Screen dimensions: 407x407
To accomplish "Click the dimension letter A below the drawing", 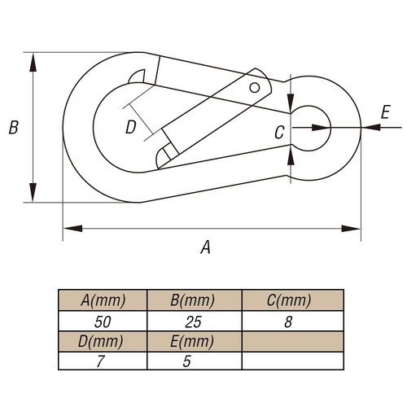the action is [x=206, y=247].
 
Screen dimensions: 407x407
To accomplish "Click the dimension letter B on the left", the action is [x=14, y=127].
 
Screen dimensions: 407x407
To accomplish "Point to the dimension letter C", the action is [x=279, y=133].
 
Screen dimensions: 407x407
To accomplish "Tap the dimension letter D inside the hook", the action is [x=131, y=127].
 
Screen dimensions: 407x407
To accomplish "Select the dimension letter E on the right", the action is [x=385, y=112].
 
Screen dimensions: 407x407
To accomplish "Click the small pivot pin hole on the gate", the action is [x=255, y=88].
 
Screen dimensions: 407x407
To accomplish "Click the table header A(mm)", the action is [x=103, y=300].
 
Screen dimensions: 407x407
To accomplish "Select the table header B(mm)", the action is [x=193, y=300].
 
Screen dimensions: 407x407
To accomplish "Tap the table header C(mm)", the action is [x=289, y=300].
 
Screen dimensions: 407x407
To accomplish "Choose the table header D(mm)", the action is [x=100, y=341].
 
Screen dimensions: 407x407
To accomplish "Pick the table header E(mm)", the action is [x=192, y=341].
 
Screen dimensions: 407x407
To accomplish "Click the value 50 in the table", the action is [x=103, y=322].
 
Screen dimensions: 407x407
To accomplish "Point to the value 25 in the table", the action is [x=193, y=322].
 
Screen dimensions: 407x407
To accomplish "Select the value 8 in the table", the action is [x=288, y=322].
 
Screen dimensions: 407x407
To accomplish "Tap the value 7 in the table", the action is [x=100, y=361].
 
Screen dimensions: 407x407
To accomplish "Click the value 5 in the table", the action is [x=187, y=361].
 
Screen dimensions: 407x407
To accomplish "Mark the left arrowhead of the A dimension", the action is [x=72, y=229].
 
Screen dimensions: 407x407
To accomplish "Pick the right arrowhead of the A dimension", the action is [x=351, y=229].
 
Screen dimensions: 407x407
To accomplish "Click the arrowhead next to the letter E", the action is [x=371, y=127].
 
